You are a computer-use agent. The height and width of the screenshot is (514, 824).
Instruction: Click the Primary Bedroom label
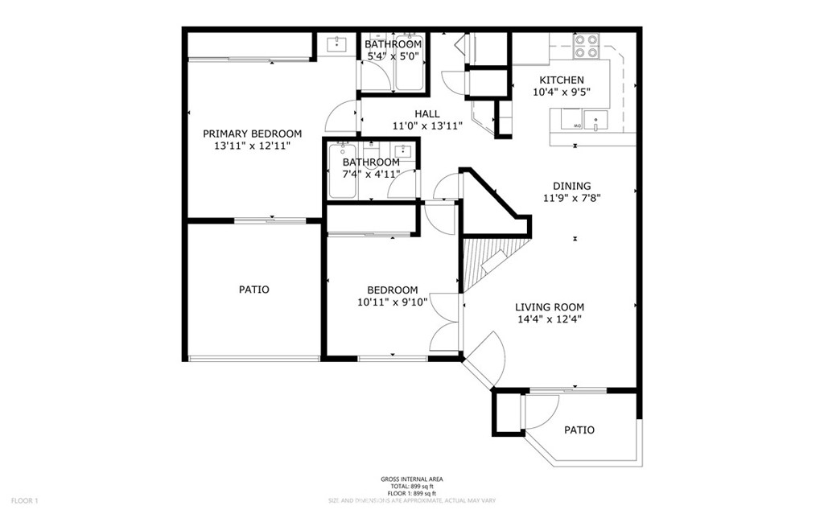(x=252, y=134)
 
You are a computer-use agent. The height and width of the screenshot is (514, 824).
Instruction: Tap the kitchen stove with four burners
(x=587, y=46)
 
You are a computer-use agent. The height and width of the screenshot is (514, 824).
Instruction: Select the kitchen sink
(x=595, y=120)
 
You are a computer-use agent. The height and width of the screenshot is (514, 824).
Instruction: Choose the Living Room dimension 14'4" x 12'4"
(x=550, y=319)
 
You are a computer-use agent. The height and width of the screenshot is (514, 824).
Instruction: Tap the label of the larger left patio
(x=253, y=290)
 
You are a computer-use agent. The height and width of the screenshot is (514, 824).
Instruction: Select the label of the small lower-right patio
(x=579, y=430)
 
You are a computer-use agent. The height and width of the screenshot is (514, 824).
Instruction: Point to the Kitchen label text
(x=561, y=80)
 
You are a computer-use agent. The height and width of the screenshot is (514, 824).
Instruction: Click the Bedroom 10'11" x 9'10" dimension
(x=392, y=302)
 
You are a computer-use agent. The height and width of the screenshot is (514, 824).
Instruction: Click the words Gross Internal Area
(x=411, y=479)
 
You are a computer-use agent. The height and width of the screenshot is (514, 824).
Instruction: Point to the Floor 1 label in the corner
(x=23, y=501)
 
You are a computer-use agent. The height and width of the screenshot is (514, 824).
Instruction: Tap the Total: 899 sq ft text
(x=411, y=486)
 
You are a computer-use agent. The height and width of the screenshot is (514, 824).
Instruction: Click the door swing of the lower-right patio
(x=537, y=414)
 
